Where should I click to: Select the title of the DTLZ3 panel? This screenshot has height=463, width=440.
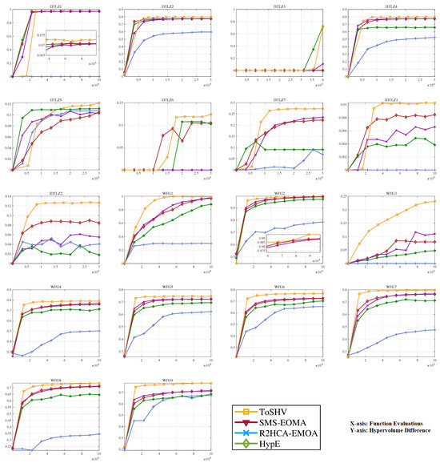point(274,6)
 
